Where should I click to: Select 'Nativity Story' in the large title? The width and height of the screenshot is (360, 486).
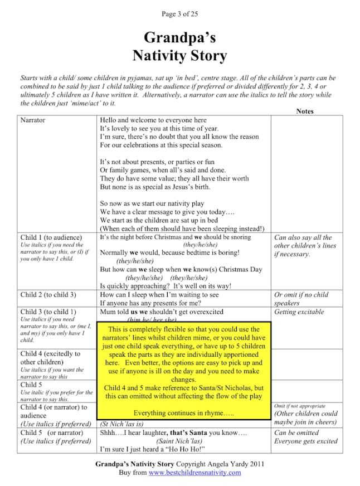[179, 56]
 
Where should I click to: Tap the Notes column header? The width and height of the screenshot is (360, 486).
[305, 111]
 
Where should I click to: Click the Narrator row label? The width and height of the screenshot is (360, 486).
[33, 120]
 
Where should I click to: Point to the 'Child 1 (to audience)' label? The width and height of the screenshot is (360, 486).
[51, 237]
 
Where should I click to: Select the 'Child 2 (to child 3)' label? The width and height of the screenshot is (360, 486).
[48, 295]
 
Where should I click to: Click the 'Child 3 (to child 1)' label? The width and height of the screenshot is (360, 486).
[48, 312]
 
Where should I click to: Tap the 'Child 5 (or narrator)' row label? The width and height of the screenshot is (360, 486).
[52, 432]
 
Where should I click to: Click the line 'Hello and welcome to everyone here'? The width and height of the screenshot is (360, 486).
[153, 120]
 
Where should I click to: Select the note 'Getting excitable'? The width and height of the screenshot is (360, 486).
[299, 312]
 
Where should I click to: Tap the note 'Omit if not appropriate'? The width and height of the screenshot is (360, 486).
[300, 406]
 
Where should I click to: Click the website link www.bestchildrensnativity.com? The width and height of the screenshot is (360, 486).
[194, 473]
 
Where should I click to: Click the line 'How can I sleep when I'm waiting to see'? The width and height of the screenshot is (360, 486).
[159, 295]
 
